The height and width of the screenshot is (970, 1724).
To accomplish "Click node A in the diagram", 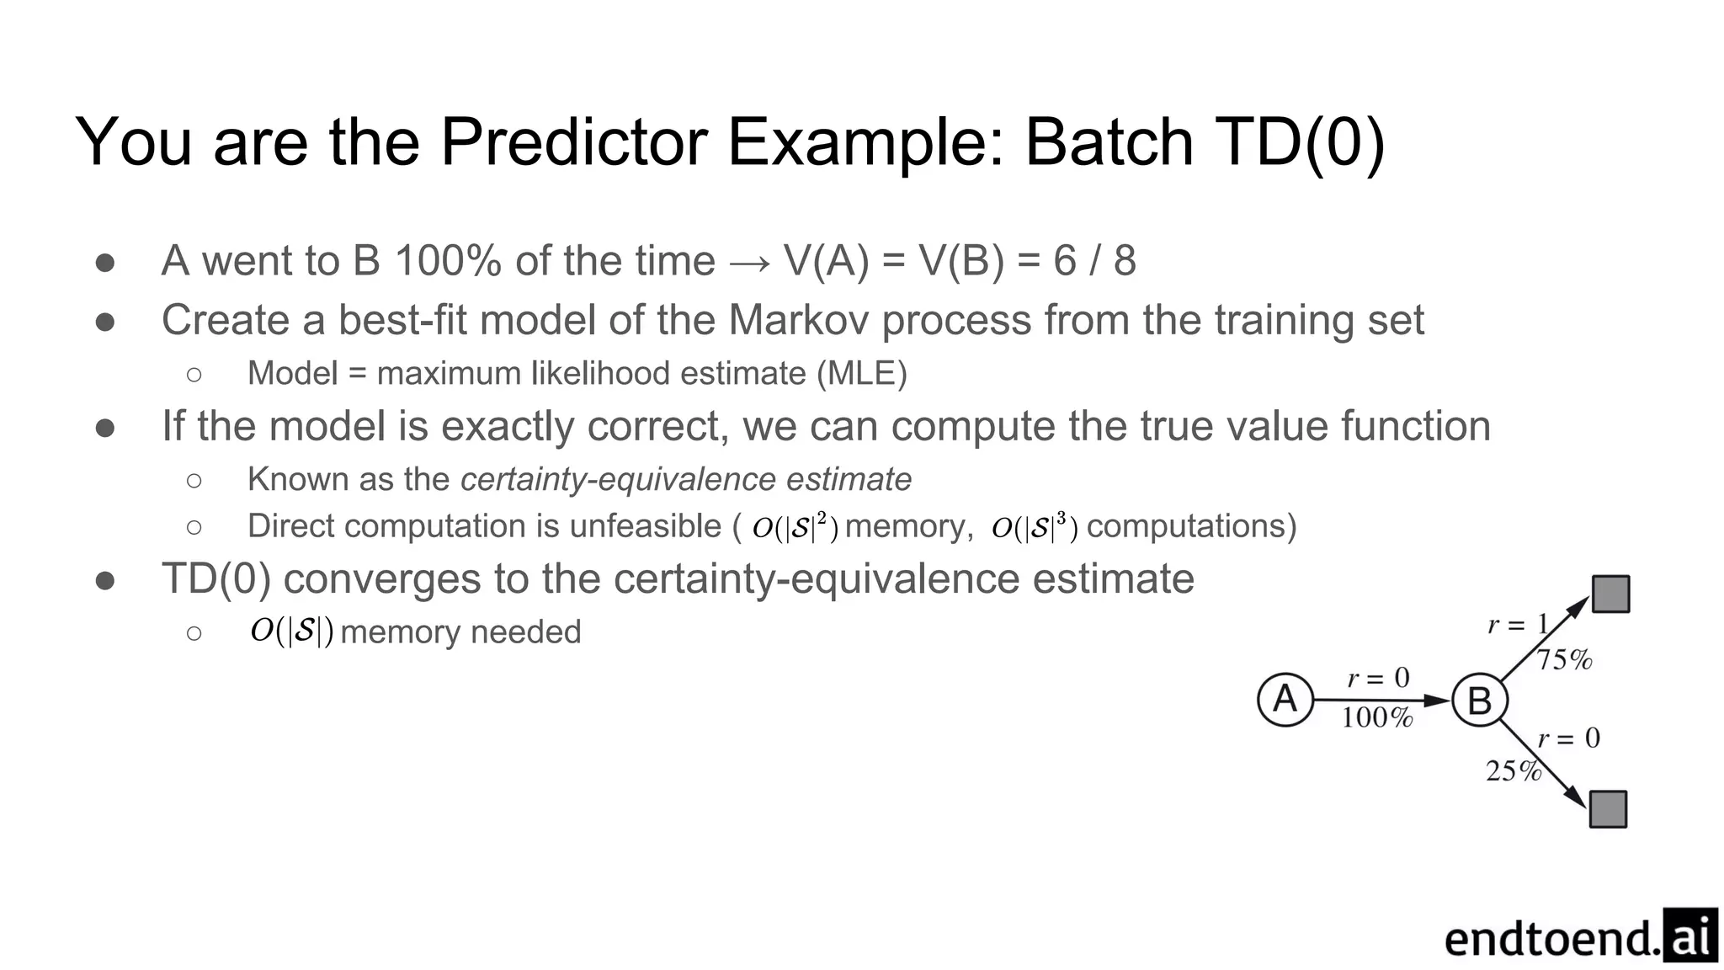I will point(1285,699).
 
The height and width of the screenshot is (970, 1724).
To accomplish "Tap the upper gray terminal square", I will point(1610,594).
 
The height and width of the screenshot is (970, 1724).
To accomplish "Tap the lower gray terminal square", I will point(1608,809).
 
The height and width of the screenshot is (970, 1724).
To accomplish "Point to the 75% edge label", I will point(1565,660).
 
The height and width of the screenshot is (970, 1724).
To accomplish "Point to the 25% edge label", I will point(1513,770).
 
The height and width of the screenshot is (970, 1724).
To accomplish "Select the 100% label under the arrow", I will point(1377,717).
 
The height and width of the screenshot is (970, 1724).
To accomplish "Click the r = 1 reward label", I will point(1518,625).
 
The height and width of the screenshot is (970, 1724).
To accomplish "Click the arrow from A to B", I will point(1381,700).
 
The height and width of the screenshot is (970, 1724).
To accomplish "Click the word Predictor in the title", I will point(573,141).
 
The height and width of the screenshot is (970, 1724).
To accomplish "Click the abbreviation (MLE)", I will point(861,373).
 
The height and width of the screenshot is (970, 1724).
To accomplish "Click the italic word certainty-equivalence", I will point(619,479).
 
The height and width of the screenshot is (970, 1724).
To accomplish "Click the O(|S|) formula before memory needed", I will point(291,631).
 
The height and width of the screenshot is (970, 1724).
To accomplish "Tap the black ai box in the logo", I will point(1690,935).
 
